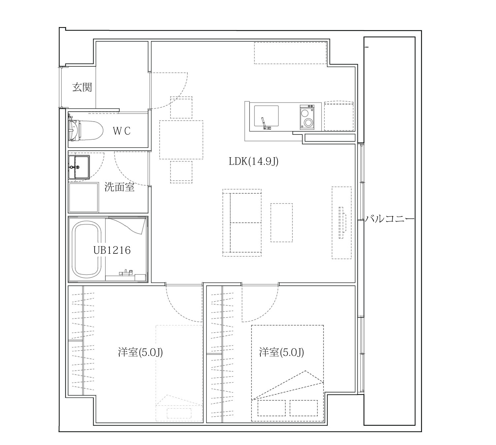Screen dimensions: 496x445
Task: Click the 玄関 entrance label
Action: (x=82, y=87)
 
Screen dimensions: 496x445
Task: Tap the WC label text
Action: (x=121, y=131)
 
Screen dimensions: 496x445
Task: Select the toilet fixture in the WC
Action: (x=86, y=131)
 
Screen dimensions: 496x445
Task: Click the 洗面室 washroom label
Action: (x=120, y=187)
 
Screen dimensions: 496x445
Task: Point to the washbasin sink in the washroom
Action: (x=79, y=167)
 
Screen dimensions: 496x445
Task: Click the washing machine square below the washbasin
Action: (x=84, y=197)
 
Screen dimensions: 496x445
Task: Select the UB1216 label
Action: (x=112, y=250)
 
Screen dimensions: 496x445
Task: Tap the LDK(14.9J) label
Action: (x=253, y=161)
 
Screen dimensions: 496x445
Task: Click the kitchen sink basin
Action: (x=266, y=116)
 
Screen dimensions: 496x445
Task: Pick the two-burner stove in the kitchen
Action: (x=307, y=117)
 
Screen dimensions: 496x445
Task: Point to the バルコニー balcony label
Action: (x=390, y=219)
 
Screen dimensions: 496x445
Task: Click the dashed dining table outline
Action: (x=181, y=140)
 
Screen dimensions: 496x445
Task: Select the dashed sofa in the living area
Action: (x=242, y=223)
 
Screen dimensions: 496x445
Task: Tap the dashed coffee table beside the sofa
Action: (x=282, y=223)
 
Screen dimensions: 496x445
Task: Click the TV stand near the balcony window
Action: (x=342, y=223)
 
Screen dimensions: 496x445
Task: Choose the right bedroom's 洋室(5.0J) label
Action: (x=282, y=352)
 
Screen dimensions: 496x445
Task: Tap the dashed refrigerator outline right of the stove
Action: (x=339, y=116)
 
